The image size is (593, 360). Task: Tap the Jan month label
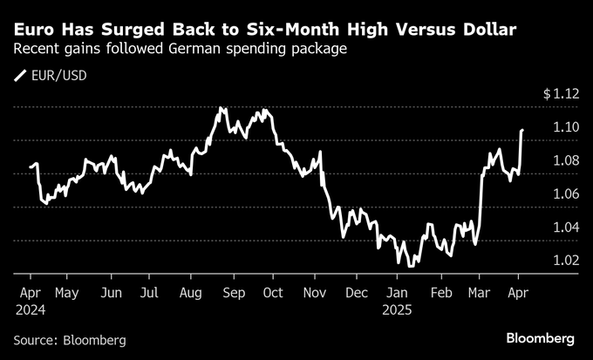pos(399,293)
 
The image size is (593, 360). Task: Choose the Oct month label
pos(275,293)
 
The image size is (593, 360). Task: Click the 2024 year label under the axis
pos(31,309)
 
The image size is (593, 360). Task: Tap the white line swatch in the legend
pos(21,76)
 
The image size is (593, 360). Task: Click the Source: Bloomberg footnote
pos(70,338)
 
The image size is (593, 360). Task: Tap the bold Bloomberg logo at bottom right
pos(541,337)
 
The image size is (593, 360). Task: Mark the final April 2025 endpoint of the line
pos(521,130)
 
